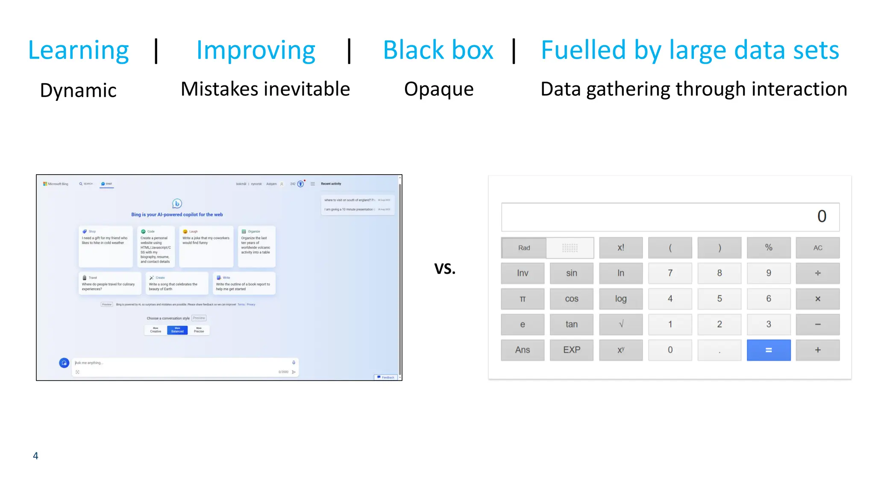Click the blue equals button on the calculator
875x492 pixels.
(x=768, y=350)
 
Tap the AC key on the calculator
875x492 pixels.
(x=817, y=248)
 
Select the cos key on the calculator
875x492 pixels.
(x=571, y=299)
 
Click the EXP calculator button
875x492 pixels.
(x=571, y=350)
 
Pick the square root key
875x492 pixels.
(x=621, y=324)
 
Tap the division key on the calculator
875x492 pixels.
(x=817, y=273)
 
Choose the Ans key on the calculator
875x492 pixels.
(x=522, y=350)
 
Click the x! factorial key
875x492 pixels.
(x=621, y=248)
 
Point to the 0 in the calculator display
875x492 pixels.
(x=822, y=216)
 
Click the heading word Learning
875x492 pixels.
(x=78, y=50)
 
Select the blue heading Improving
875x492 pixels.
(x=255, y=50)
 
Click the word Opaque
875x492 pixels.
(x=439, y=89)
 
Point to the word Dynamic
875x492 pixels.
(x=78, y=91)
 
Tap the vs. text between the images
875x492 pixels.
(x=445, y=268)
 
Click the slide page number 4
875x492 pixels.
(x=35, y=456)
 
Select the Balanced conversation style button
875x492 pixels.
(x=177, y=330)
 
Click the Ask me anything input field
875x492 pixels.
(x=179, y=363)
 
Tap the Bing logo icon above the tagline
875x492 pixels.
(x=177, y=204)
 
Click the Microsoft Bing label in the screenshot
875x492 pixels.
(x=56, y=184)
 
